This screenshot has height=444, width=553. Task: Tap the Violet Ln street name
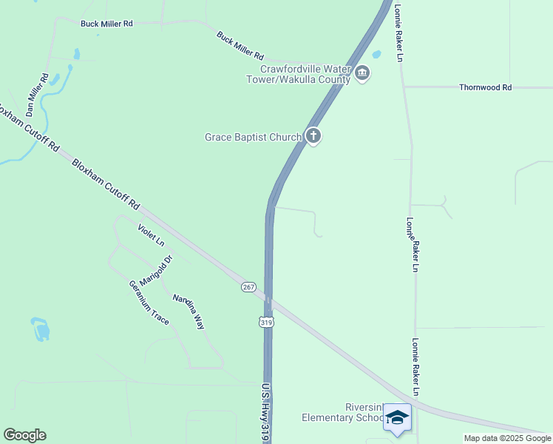coord(151,234)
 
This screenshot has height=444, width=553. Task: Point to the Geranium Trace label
coord(149,303)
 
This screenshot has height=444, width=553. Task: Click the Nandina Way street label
coord(189,312)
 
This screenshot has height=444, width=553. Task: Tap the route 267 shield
coord(248,287)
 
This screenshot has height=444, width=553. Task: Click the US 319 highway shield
coord(265,322)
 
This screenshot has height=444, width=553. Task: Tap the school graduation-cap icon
coord(397,417)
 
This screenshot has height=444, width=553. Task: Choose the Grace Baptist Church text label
coord(253,137)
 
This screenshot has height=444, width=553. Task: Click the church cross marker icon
coord(313,136)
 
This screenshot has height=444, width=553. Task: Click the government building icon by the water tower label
coord(362,73)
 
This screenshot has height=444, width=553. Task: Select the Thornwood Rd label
coord(485,87)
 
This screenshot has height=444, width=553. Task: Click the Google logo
coord(24,435)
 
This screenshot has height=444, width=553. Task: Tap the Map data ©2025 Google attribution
coord(508,438)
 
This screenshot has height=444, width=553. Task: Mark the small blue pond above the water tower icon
coord(376,54)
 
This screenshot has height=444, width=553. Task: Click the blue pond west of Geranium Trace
coord(41,329)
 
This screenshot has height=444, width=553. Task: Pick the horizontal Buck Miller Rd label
coord(106,24)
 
